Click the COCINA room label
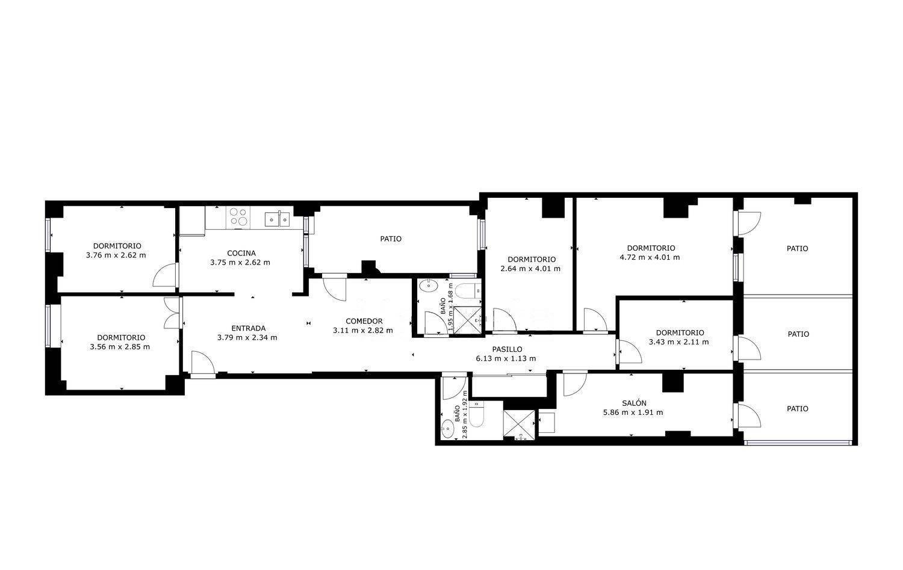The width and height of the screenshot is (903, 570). (241, 253)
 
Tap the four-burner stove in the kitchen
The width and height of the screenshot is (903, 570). (238, 217)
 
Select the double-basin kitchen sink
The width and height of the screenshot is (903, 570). (277, 219)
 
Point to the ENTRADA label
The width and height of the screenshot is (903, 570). (248, 328)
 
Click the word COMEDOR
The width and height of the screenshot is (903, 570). (364, 321)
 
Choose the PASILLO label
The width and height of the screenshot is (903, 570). (507, 349)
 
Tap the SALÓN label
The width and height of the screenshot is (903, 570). (634, 403)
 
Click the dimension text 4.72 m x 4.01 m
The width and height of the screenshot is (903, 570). (650, 257)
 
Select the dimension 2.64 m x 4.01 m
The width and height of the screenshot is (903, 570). (530, 269)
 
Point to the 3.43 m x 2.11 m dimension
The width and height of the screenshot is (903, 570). (679, 342)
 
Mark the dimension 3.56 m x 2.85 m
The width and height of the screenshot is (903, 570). (120, 346)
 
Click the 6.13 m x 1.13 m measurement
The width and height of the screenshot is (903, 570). (506, 358)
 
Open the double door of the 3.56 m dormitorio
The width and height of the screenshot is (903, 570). (172, 313)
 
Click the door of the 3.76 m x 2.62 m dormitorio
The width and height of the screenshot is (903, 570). (166, 275)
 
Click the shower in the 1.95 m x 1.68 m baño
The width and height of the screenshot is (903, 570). (468, 320)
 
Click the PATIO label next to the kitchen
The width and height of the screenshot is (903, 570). (391, 239)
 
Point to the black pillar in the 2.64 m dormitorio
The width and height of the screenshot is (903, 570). (553, 207)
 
